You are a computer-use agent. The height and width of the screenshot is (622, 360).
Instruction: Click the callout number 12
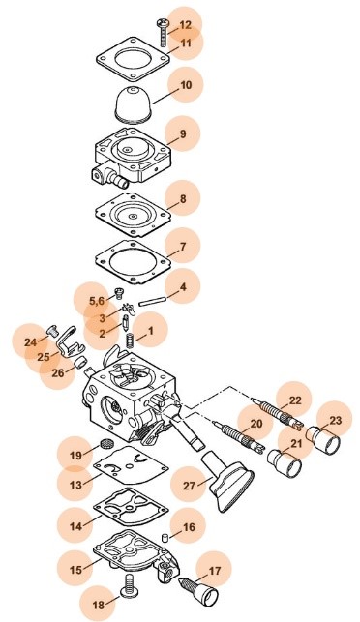186,25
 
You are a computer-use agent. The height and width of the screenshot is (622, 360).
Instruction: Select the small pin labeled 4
152,302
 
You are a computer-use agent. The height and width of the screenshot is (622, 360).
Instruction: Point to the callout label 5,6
97,301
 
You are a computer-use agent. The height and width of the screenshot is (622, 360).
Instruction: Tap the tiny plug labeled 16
164,538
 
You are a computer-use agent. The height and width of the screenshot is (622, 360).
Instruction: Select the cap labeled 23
323,439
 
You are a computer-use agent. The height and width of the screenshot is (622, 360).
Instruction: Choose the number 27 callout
190,486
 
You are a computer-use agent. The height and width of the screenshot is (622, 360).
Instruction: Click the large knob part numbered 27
227,481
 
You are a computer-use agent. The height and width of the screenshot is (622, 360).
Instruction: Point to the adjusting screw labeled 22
278,413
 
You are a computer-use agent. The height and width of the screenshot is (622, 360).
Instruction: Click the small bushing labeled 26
81,361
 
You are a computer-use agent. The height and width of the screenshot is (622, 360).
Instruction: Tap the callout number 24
30,341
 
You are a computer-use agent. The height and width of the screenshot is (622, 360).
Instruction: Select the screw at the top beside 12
164,31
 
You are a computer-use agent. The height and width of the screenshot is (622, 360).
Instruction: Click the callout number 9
183,133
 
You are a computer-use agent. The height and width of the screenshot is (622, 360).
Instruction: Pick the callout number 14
75,526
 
